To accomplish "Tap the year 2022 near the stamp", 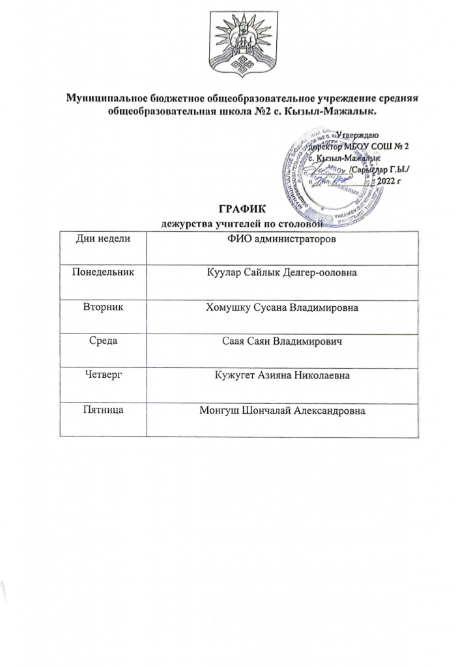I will [x=390, y=180].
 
